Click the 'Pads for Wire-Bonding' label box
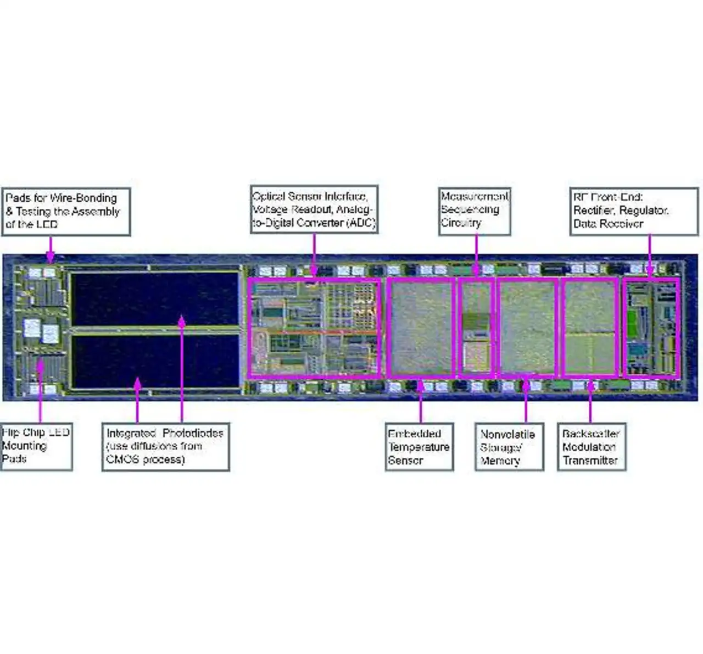point(66,212)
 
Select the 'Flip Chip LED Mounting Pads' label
point(36,446)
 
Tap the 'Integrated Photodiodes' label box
point(165,446)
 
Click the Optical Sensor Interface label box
point(314,209)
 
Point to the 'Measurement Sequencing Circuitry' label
point(475,209)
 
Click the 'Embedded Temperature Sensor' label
point(419,447)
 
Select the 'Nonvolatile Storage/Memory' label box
point(509,447)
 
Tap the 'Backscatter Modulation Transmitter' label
point(591,447)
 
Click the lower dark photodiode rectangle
point(155,361)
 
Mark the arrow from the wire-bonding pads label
point(51,248)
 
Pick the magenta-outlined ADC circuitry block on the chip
point(314,328)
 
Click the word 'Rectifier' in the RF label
point(595,210)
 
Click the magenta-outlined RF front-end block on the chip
point(651,328)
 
